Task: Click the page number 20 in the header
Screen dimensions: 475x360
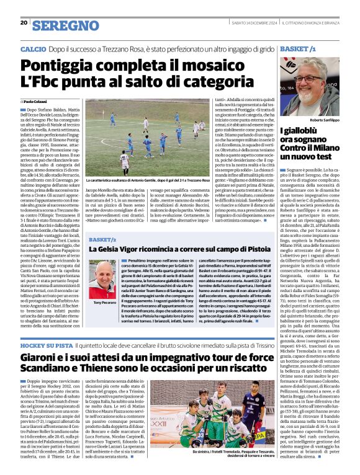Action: (x=24, y=22)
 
